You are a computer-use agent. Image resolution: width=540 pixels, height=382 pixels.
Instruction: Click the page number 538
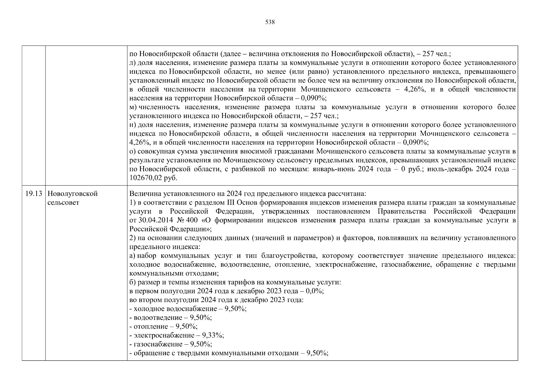coord(270,22)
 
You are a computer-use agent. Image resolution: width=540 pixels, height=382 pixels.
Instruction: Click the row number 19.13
coord(33,194)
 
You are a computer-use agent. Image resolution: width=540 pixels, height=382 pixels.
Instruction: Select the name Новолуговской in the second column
coord(72,194)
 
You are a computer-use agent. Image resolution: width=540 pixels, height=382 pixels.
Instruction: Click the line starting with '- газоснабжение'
coord(171,344)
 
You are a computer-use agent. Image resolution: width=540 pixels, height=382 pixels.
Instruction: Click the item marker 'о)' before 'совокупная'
coord(133,152)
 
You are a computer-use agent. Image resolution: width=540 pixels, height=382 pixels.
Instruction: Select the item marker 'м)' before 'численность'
coord(133,107)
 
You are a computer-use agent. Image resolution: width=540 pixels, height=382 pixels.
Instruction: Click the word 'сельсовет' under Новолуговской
coord(63,203)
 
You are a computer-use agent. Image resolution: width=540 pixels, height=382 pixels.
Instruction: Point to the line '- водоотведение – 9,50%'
coord(171,318)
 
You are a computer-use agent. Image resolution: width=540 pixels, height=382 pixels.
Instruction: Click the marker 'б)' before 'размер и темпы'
coord(133,282)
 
